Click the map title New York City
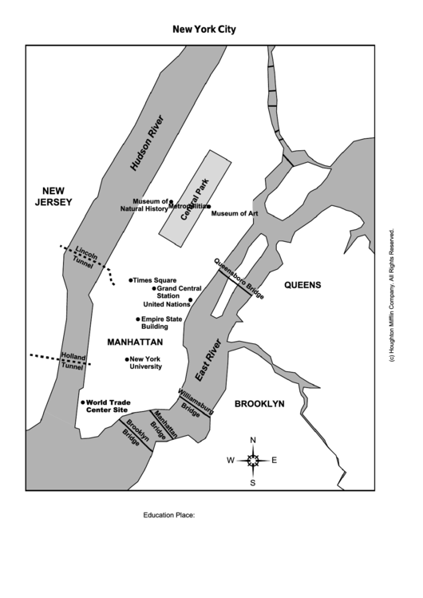(204, 30)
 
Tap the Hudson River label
(147, 143)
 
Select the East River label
(208, 359)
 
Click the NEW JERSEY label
(53, 196)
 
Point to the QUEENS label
(303, 285)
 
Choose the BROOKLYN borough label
(259, 404)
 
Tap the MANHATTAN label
(135, 342)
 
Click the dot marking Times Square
(131, 280)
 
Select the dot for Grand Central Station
(154, 289)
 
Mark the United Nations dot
(191, 299)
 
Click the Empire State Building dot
(138, 319)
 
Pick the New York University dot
(127, 359)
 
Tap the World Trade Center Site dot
(83, 402)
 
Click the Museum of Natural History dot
(171, 202)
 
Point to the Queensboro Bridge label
(239, 279)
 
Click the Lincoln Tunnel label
(85, 257)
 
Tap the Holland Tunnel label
(73, 362)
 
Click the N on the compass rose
(253, 441)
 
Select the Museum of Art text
(235, 214)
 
